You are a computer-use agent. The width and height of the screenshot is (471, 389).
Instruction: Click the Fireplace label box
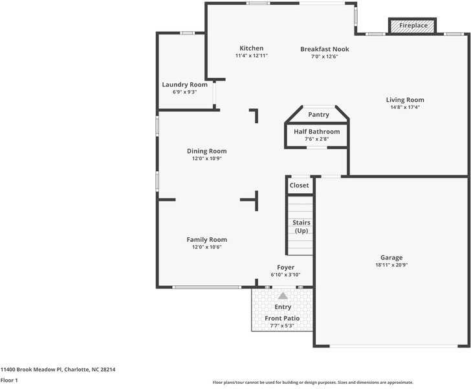pyautogui.click(x=413, y=25)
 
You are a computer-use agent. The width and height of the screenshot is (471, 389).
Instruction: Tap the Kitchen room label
pyautogui.click(x=251, y=49)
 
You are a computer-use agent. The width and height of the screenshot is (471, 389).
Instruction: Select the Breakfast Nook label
pyautogui.click(x=324, y=49)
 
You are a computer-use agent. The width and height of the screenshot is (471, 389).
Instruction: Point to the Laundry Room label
pyautogui.click(x=184, y=85)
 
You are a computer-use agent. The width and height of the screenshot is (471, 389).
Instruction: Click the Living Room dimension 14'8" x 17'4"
pyautogui.click(x=405, y=108)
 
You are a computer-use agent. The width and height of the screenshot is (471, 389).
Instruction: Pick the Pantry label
pyautogui.click(x=318, y=115)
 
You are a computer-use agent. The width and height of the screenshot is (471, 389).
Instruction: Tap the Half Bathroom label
pyautogui.click(x=316, y=132)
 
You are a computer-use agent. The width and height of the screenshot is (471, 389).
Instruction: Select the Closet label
pyautogui.click(x=299, y=185)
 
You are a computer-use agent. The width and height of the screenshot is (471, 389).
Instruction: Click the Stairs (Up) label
pyautogui.click(x=301, y=227)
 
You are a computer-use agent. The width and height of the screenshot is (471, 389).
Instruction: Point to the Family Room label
pyautogui.click(x=207, y=240)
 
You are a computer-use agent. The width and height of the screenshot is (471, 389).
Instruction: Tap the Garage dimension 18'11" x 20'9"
pyautogui.click(x=391, y=265)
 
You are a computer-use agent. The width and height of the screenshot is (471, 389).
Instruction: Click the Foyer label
pyautogui.click(x=285, y=267)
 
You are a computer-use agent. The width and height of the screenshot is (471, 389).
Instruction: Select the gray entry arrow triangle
pyautogui.click(x=283, y=296)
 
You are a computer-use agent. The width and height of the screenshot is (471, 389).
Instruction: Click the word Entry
pyautogui.click(x=283, y=307)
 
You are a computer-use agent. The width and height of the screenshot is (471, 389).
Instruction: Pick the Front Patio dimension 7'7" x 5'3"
pyautogui.click(x=282, y=325)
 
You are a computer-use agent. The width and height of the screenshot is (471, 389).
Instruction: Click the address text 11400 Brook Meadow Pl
pyautogui.click(x=31, y=370)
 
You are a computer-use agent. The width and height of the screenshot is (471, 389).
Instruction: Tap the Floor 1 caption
pyautogui.click(x=8, y=380)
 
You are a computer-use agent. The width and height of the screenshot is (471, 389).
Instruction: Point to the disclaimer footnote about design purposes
pyautogui.click(x=312, y=383)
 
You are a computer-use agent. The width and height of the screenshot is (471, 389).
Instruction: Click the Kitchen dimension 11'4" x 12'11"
pyautogui.click(x=251, y=56)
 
